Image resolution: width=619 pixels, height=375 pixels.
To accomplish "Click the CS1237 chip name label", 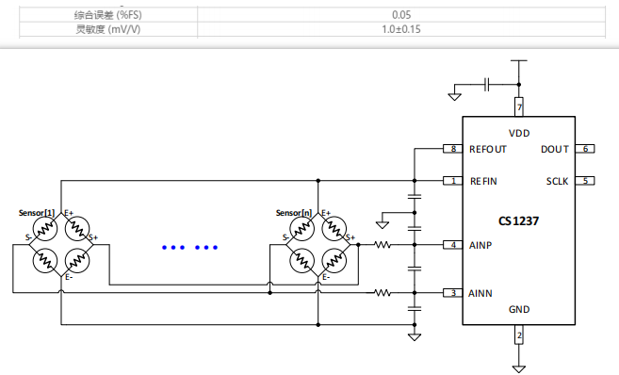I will coord(518,221).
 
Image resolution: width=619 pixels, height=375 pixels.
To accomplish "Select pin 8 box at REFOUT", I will coord(453,149).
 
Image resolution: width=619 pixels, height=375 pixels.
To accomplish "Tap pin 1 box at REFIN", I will coord(453,181).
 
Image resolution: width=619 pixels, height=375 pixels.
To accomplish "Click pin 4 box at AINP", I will coord(453,245).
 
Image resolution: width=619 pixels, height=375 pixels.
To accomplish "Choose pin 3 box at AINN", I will coord(453,293).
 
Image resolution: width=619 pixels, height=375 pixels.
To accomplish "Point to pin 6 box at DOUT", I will coord(585,149).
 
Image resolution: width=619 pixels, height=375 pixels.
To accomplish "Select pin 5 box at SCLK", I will coord(585,181).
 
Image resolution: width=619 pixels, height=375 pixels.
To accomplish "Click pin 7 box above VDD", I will coord(518,107).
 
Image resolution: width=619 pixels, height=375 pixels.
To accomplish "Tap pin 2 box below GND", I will coord(518,334).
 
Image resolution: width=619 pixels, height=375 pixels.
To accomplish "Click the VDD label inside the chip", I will coord(518,132).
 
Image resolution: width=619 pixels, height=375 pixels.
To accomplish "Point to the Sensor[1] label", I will coord(37,213).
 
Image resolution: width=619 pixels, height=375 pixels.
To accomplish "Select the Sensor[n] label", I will coord(293,213).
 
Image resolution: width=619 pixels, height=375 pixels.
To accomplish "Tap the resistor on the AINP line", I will coord(383,245).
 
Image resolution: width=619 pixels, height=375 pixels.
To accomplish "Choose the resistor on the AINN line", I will coord(383,293).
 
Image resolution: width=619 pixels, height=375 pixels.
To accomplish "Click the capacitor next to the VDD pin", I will coord(487,84).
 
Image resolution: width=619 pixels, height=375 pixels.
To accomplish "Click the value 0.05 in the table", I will coord(401,15).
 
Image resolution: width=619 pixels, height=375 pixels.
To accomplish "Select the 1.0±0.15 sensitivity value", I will coord(401,29).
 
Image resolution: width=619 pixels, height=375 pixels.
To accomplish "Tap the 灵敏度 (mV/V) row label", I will coord(107,29).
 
